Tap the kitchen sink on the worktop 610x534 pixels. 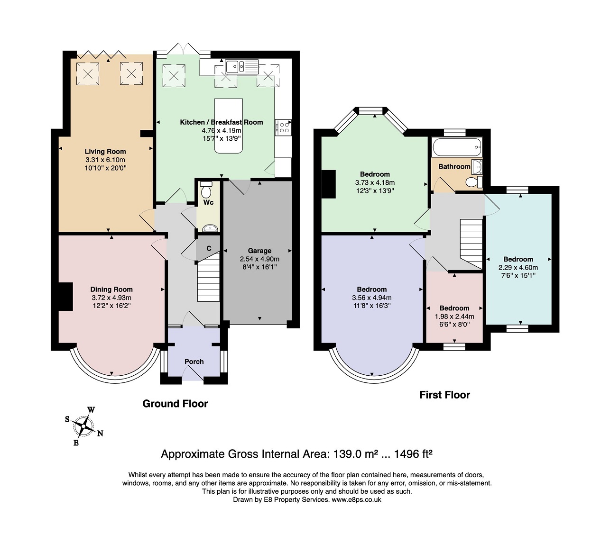point(242,66)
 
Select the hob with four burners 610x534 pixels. point(283,127)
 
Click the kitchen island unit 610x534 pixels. point(228,126)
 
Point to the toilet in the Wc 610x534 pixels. point(206,189)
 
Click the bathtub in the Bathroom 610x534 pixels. point(457,147)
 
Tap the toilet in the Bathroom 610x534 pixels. point(474,181)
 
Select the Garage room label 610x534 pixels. point(259,251)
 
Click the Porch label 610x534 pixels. point(194,362)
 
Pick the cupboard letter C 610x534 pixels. point(209,248)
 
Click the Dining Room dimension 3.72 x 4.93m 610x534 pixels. point(111,298)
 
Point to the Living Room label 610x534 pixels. point(105,151)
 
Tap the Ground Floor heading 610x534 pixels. point(175,403)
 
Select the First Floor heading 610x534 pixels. point(445,395)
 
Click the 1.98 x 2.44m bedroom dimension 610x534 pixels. point(454,316)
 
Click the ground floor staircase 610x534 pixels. point(208,277)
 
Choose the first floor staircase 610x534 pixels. point(471,244)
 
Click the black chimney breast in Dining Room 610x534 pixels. point(65,296)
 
